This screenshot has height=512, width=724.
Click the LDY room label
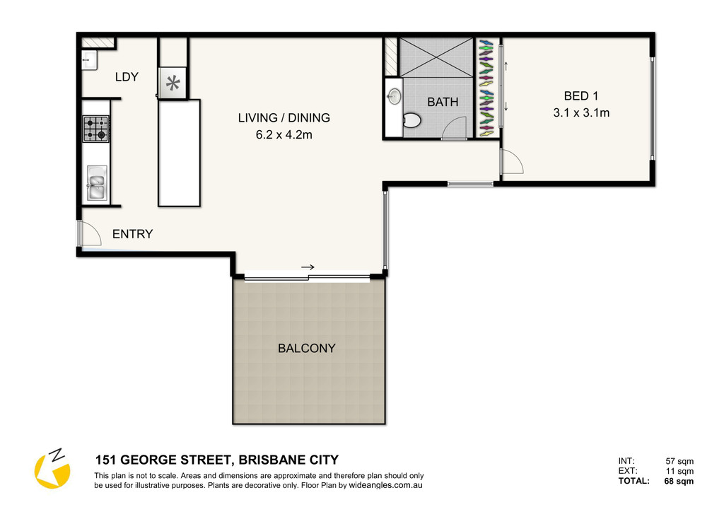point(127,76)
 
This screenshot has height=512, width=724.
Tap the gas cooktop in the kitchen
point(96,129)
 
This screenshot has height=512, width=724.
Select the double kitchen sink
point(97,183)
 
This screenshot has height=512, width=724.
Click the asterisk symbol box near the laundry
point(173,83)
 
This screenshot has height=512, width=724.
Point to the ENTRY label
point(132,234)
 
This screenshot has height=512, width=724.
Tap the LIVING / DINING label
point(284,117)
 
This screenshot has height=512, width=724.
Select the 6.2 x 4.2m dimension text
point(284,135)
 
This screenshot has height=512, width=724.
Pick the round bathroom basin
point(394,96)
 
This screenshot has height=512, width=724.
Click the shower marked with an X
point(436,57)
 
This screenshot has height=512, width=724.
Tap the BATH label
point(443,102)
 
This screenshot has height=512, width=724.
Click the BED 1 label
point(581,96)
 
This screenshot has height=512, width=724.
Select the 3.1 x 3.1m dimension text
point(581,112)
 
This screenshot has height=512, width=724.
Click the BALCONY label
point(307,348)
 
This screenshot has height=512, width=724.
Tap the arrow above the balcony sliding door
point(308,267)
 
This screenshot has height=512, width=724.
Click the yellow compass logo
point(52,469)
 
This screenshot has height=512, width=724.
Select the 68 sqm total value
point(679,481)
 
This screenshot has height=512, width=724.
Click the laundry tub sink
point(90,61)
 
